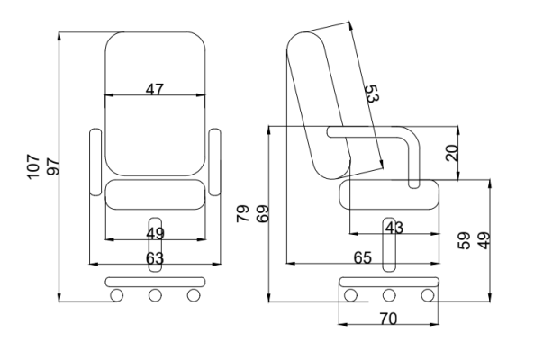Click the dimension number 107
point(33,166)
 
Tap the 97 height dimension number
point(53,166)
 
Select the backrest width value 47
point(155,89)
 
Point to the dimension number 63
point(155,258)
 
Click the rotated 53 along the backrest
point(372,94)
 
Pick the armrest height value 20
point(452,153)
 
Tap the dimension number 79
point(243,213)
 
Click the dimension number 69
point(263,213)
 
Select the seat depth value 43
point(394,228)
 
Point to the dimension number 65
point(363,258)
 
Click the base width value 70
point(388,319)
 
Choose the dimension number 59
point(464,240)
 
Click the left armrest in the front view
point(95,162)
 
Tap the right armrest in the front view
point(214,162)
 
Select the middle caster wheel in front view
point(155,295)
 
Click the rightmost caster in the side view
point(428,295)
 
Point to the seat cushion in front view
point(155,194)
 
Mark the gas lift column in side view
point(389,245)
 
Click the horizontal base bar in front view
point(155,282)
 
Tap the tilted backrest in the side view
point(319,105)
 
